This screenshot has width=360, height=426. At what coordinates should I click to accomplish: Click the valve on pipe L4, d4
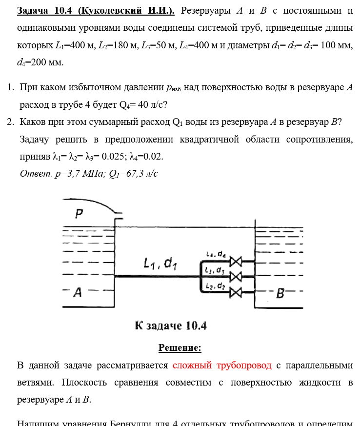point(236,261)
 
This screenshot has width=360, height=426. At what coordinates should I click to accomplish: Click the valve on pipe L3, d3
point(236,276)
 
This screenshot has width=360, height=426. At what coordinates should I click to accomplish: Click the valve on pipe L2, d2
point(236,292)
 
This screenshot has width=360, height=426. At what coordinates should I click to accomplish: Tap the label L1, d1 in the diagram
point(160,264)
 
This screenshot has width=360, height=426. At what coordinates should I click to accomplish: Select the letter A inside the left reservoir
point(77,293)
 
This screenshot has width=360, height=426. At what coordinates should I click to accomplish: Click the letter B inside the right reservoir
point(280,293)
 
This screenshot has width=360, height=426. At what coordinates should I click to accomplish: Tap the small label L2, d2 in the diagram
point(215,285)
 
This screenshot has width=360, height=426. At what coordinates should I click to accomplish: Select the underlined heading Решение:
point(180,348)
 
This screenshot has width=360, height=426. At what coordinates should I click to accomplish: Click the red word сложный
point(192,365)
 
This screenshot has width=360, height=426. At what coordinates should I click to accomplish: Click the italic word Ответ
point(35,173)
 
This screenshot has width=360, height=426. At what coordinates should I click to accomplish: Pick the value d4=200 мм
point(40,62)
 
